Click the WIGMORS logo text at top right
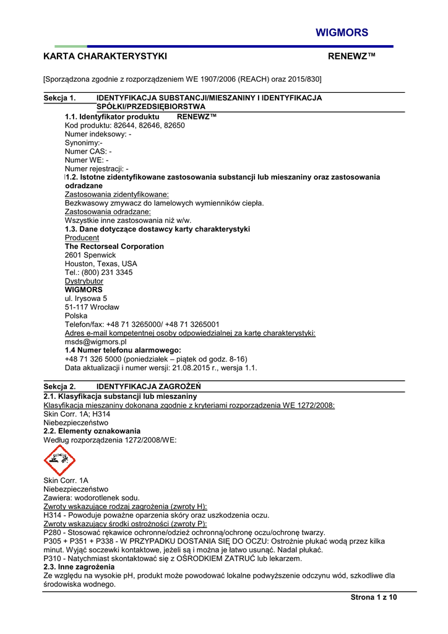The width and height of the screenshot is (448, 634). tap(342, 33)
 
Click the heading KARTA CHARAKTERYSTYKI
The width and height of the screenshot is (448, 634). tap(105, 56)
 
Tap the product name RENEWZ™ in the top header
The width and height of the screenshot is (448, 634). tap(351, 56)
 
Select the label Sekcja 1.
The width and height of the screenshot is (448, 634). tap(59, 98)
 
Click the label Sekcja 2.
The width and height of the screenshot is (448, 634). tap(59, 386)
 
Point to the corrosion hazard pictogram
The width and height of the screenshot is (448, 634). tap(59, 461)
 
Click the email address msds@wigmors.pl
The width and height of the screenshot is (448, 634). tap(96, 341)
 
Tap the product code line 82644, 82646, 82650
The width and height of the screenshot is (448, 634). tap(149, 125)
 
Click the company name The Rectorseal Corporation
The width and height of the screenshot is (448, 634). tap(114, 246)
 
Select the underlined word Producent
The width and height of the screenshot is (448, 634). tap(82, 238)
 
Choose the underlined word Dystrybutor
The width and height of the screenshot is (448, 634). tap(84, 281)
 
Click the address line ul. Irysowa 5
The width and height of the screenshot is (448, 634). tap(86, 298)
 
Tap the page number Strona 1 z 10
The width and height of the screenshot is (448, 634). tap(373, 597)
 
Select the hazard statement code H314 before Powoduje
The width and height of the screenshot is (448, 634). tap(53, 515)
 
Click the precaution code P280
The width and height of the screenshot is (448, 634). tap(53, 532)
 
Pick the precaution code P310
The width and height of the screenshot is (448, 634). tap(53, 558)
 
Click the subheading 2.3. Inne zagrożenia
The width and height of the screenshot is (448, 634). tap(79, 567)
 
